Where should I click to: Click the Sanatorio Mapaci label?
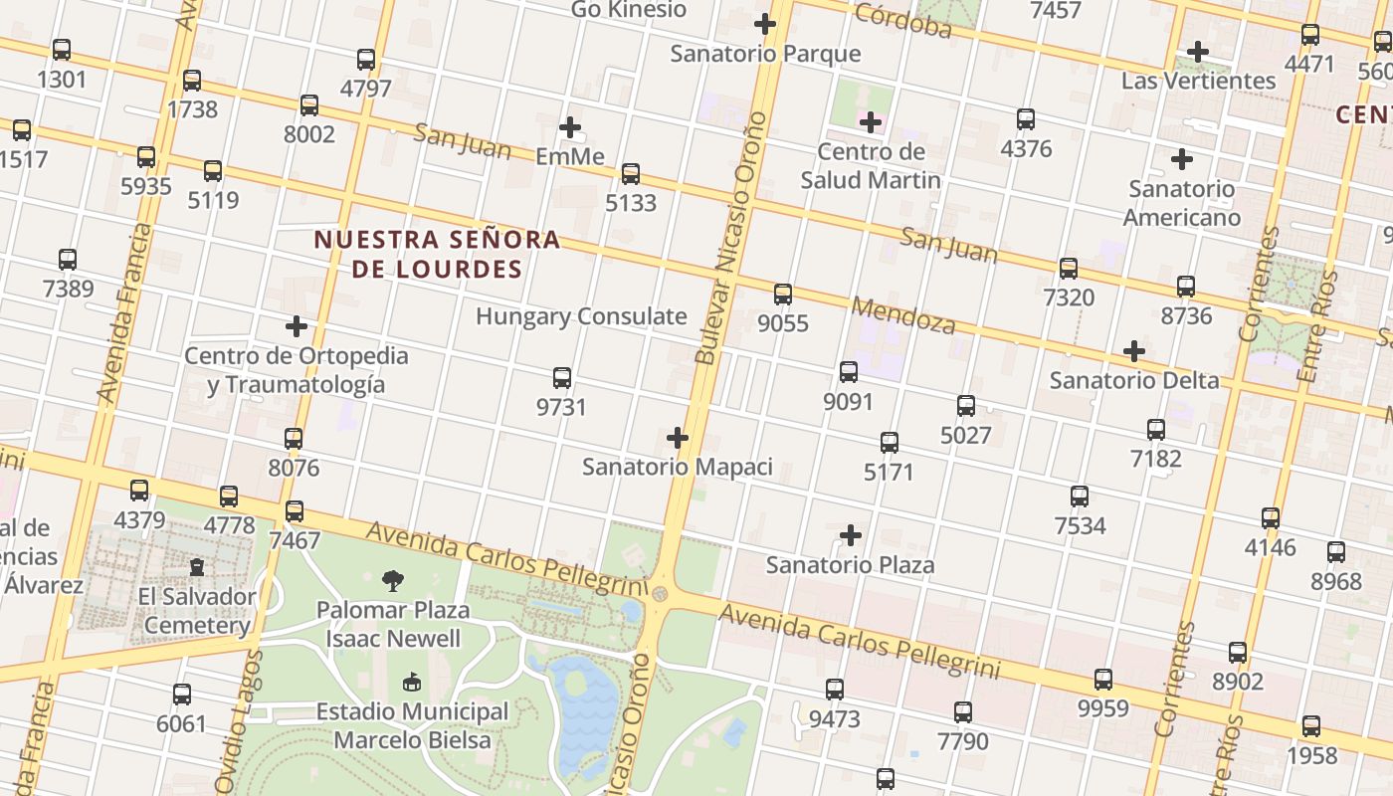coord(677,466)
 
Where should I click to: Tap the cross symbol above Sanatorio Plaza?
coord(850,535)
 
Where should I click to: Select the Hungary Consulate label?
coord(581,316)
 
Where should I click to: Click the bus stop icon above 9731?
coord(562,378)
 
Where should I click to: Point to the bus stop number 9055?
coord(783,323)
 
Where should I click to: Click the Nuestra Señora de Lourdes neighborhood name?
coord(437,254)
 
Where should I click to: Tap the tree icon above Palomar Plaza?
coord(393,580)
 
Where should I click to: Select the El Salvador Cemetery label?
coord(197,611)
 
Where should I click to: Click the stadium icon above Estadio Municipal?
coord(411,683)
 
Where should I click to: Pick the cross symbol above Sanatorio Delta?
coord(1133,351)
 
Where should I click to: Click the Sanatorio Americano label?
coord(1182,203)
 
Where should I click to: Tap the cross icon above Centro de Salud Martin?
coord(871,122)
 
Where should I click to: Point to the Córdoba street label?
coord(902,20)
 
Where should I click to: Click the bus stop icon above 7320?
coord(1069,269)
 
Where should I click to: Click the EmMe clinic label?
coord(570,156)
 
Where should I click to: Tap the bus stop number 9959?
coord(1103,708)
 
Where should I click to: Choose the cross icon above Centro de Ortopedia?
coord(296,326)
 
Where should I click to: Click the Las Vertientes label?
coord(1198,81)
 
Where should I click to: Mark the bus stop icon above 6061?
coord(181,695)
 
